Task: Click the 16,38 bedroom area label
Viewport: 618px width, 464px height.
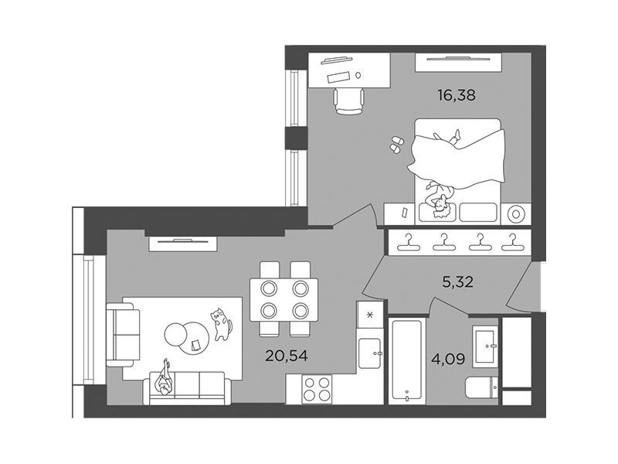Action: pos(457,95)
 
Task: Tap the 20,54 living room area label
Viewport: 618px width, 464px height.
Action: pos(286,356)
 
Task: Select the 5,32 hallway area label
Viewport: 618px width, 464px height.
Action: pos(457,282)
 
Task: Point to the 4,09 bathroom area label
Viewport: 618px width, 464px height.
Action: pos(450,360)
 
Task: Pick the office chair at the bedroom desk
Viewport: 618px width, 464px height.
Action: pos(349,101)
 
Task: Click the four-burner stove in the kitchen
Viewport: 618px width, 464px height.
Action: pos(317,390)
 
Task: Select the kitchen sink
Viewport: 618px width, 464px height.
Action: pos(369,353)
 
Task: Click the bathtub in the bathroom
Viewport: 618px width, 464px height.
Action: pos(407,360)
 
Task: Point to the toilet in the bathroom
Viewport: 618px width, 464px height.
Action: pos(481,388)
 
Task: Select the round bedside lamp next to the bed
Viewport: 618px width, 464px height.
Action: pos(516,214)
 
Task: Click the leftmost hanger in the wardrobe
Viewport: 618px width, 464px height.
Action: pos(409,242)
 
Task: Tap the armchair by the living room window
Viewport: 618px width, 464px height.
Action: pos(124,335)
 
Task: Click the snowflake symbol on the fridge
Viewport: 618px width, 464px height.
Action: pos(370,315)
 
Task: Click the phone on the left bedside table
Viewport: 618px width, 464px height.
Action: pos(405,213)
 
